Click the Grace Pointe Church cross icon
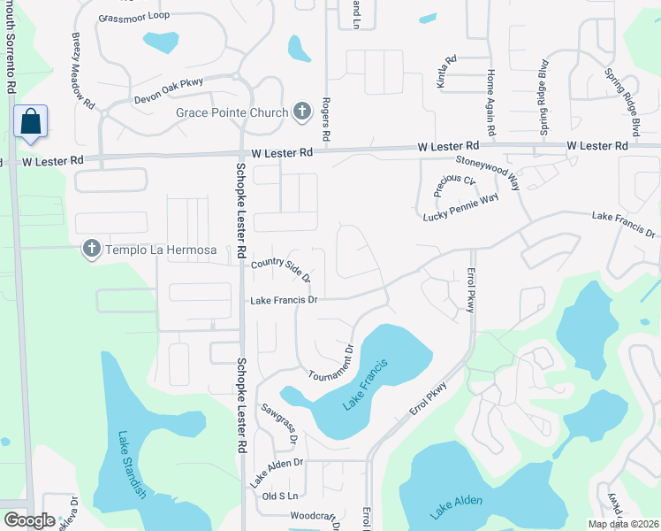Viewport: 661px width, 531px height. [301, 112]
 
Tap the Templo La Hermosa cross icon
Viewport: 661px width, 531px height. [91, 250]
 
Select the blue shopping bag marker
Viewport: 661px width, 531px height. [30, 122]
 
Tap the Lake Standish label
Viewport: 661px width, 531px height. [130, 466]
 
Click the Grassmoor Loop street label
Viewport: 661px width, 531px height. [134, 17]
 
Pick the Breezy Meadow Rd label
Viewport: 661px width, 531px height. [83, 71]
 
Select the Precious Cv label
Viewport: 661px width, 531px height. [454, 187]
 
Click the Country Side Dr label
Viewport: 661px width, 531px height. [281, 270]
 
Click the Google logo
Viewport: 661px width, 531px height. [29, 519]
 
